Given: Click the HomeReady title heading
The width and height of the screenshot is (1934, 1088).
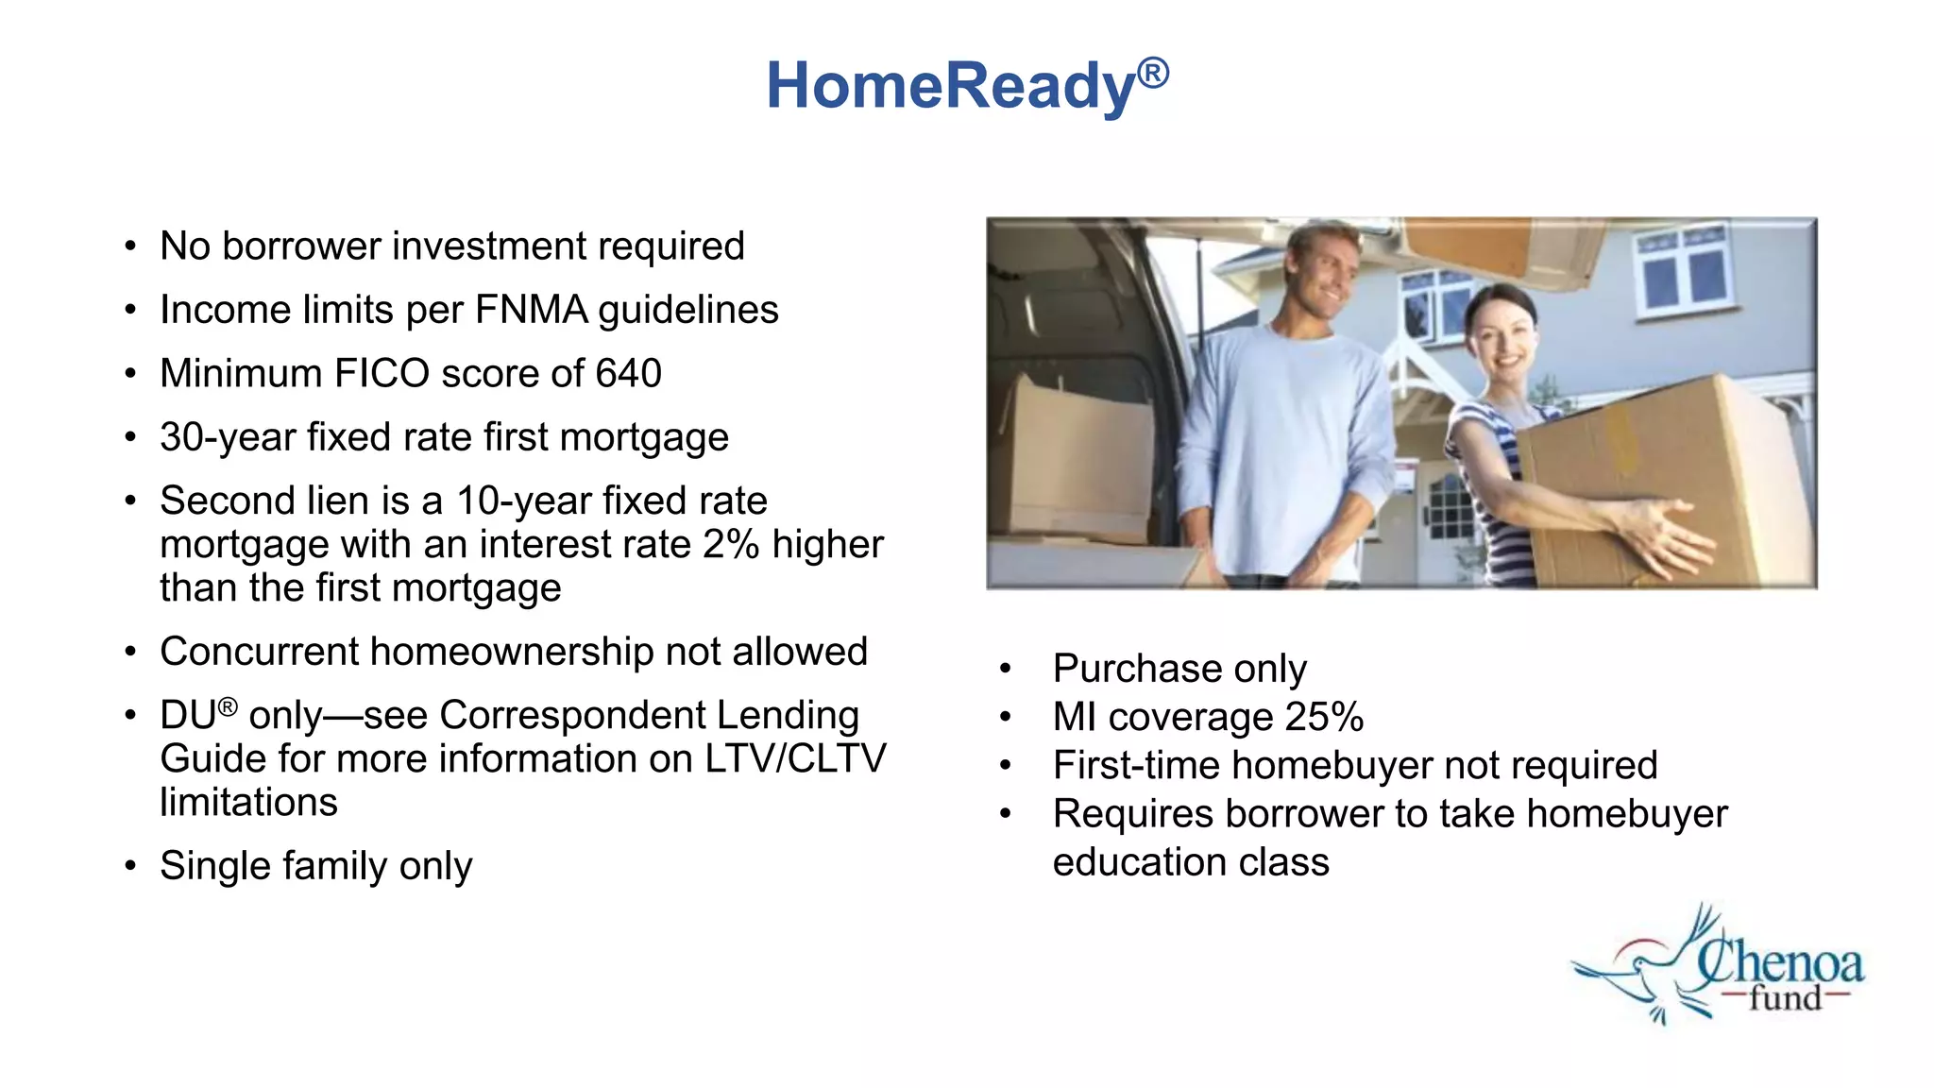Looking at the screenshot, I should point(951,86).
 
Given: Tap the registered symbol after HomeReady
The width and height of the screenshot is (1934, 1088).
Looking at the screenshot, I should point(1153,73).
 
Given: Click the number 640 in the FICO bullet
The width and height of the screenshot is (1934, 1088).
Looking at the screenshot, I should point(628,373).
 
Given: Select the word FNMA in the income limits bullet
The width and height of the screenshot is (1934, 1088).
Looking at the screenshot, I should point(531,310).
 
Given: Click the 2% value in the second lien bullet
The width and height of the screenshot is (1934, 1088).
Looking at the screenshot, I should point(731,545).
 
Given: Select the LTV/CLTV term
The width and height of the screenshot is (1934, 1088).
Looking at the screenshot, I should point(795,758).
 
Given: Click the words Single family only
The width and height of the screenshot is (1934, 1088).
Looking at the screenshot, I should point(315,866).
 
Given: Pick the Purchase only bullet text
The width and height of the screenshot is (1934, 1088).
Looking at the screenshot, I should point(1179,669).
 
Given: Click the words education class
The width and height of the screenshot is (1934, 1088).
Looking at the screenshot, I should point(1190,862).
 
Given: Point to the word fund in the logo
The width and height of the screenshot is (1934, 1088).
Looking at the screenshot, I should point(1784,998).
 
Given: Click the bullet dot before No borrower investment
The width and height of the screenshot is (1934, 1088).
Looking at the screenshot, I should point(130,247).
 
